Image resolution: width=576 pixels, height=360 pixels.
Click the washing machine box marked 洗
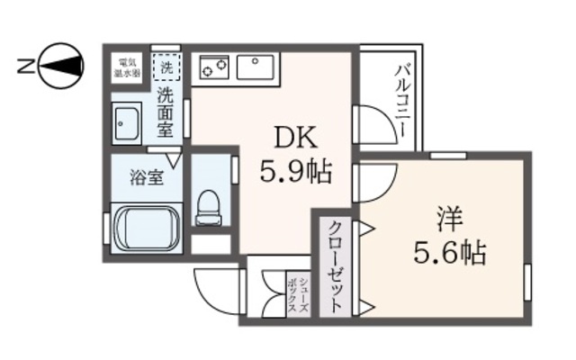(x=166, y=66)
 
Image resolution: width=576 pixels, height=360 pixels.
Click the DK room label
(x=293, y=137)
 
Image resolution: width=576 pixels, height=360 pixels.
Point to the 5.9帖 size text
(x=294, y=170)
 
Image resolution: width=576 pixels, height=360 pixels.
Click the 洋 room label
(x=449, y=220)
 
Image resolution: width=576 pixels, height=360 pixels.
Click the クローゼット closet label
(x=335, y=265)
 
